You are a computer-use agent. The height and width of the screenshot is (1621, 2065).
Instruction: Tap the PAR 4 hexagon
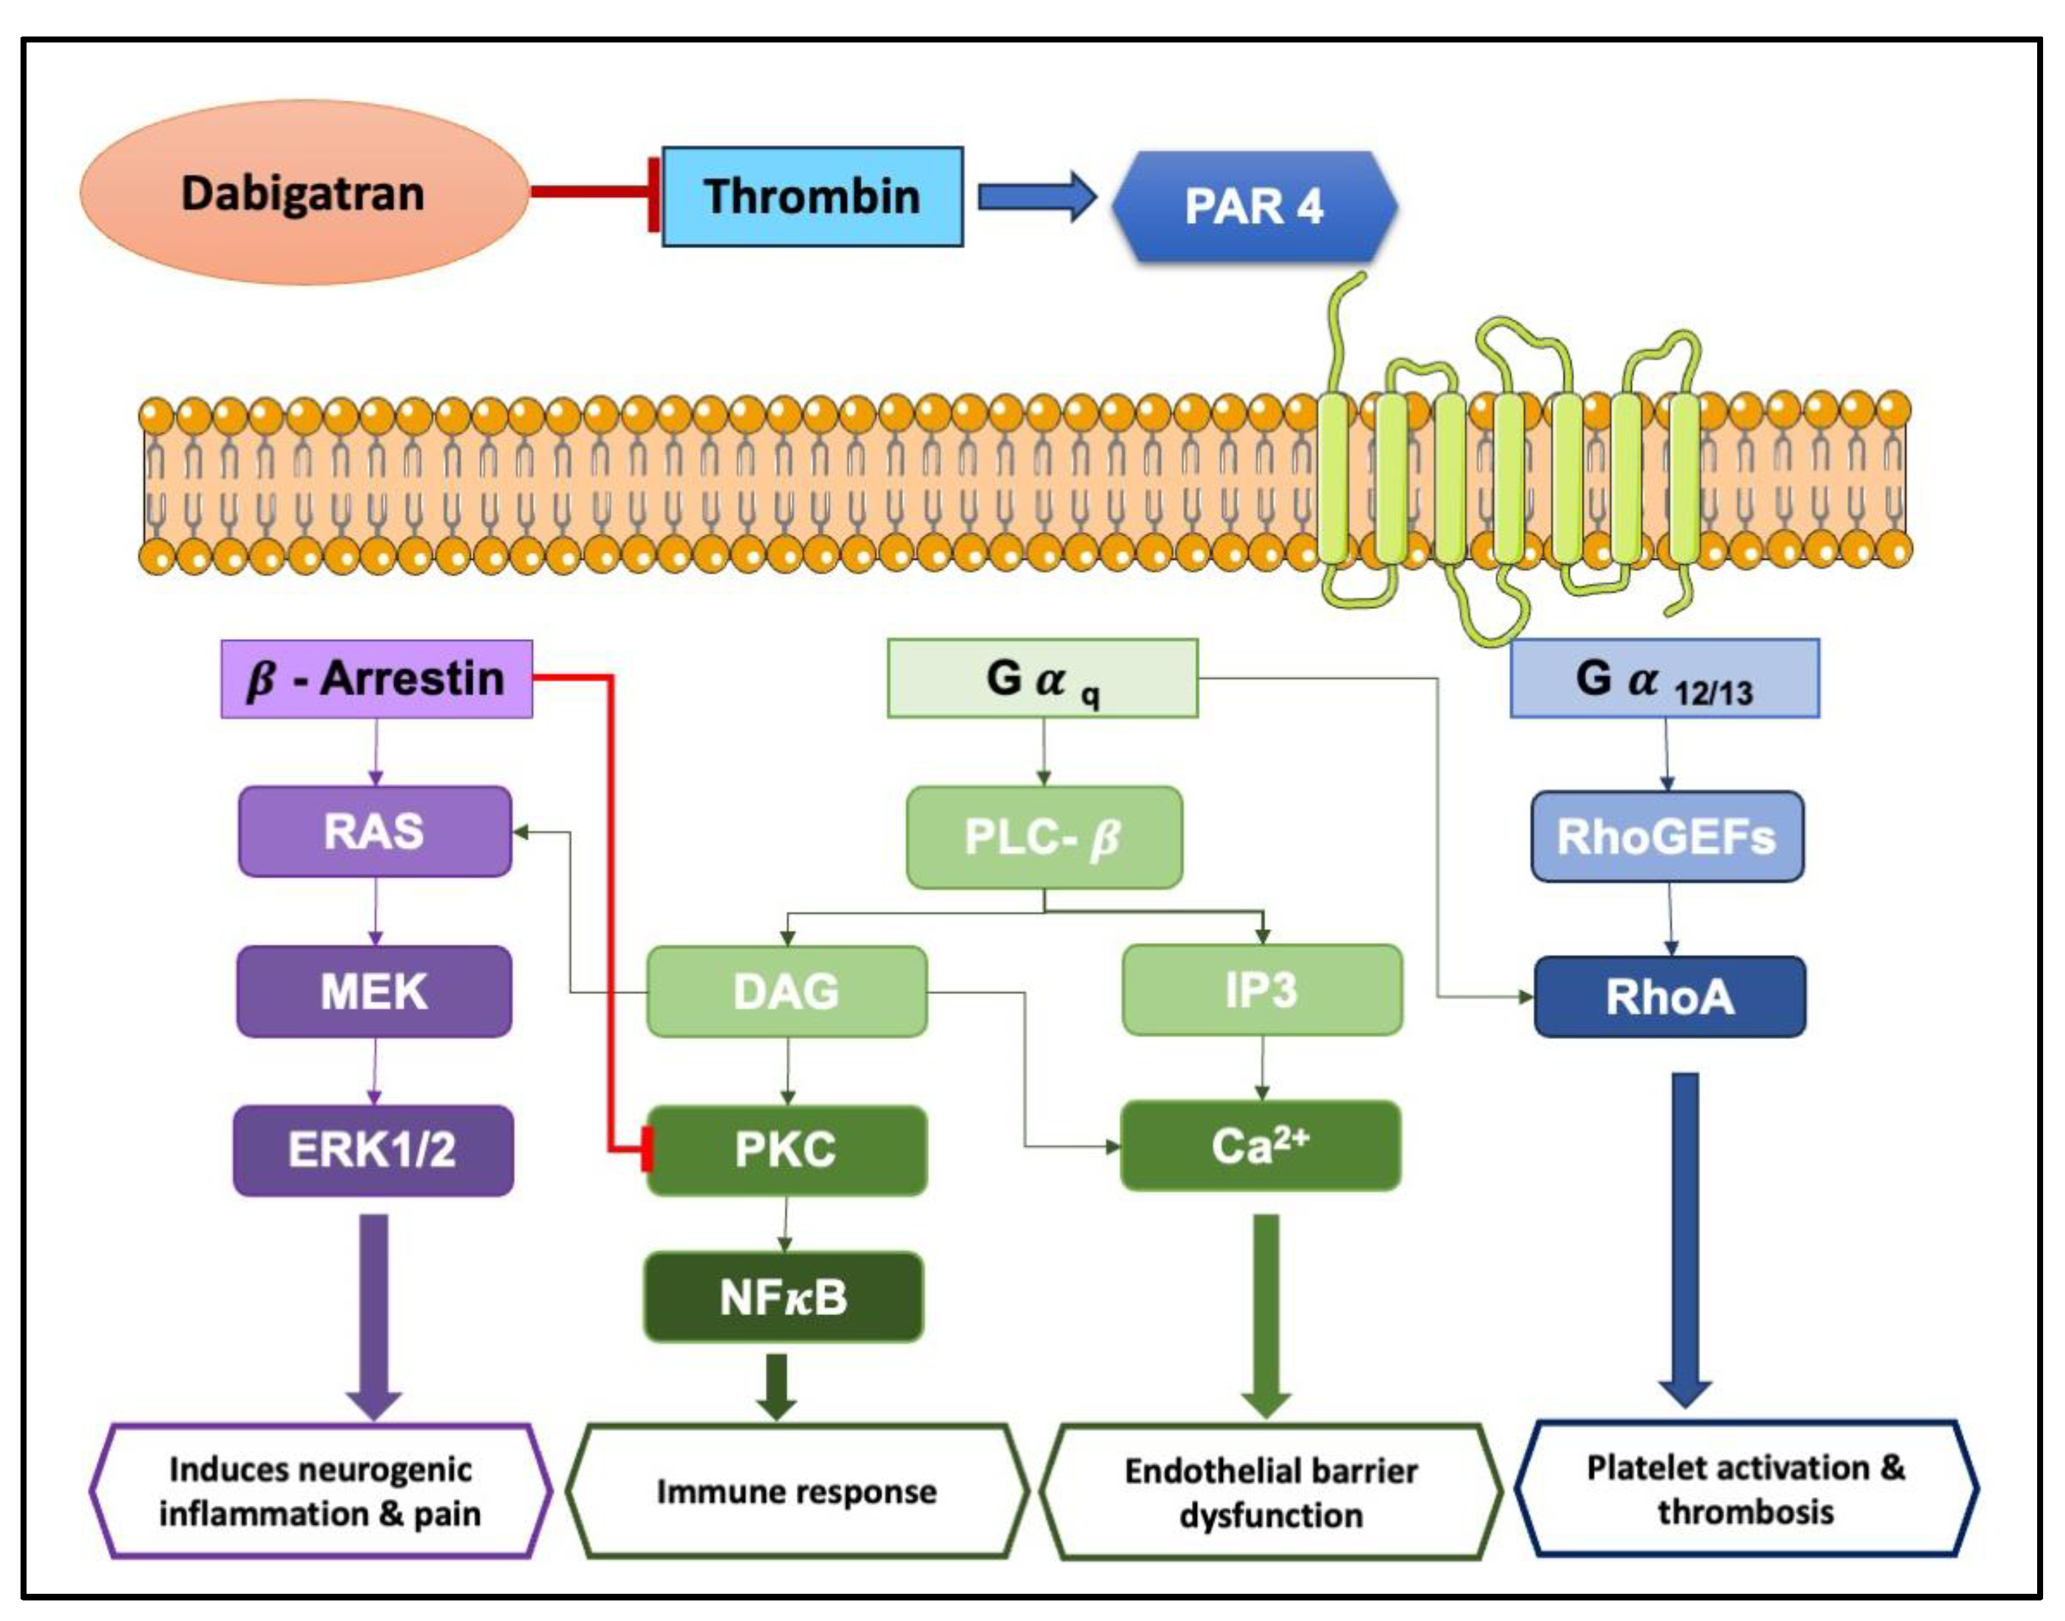click(1253, 206)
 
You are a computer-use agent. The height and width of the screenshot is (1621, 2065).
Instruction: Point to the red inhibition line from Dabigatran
click(589, 192)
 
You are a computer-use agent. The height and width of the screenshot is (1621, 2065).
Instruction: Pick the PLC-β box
click(1044, 837)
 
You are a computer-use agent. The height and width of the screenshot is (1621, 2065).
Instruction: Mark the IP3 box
click(1261, 990)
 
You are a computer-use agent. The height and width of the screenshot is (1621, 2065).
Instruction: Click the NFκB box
click(783, 1297)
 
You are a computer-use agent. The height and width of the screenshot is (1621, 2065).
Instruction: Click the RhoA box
click(1670, 997)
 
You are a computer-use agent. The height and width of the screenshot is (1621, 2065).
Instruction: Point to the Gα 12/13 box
click(1664, 679)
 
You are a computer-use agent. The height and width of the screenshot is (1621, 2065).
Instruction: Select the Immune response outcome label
click(796, 1491)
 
